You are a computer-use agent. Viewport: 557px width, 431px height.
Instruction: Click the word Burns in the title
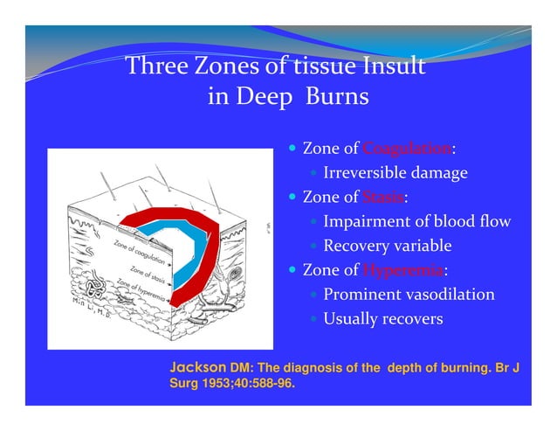[x=337, y=96]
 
